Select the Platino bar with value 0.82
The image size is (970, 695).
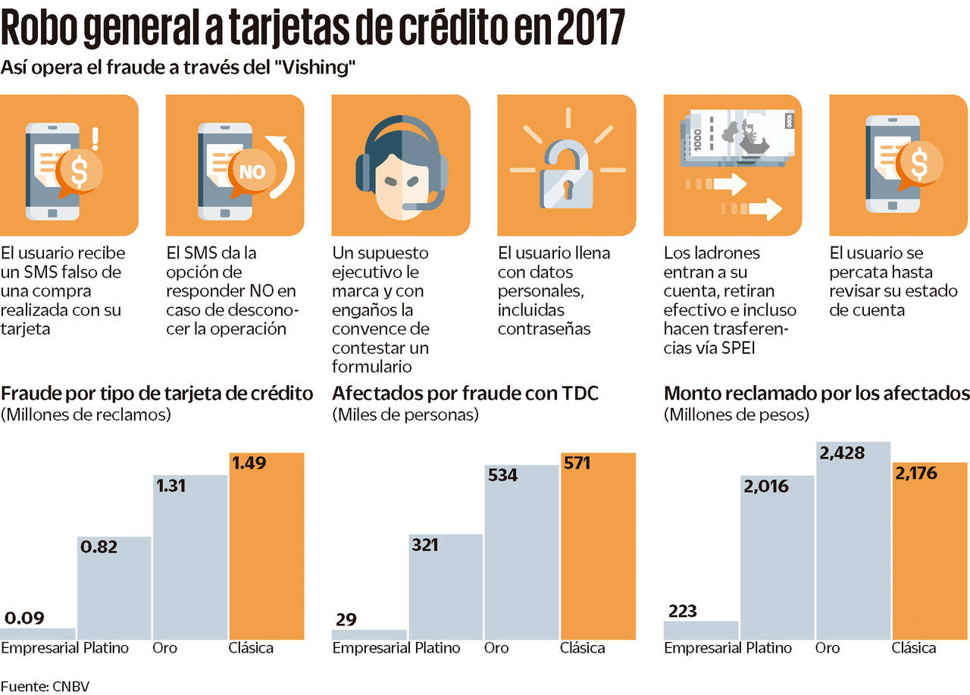[114, 587]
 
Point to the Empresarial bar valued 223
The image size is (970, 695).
[701, 630]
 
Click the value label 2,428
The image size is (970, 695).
[841, 452]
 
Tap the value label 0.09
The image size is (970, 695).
[24, 618]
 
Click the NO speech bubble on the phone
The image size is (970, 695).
[252, 171]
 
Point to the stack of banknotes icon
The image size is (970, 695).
[732, 139]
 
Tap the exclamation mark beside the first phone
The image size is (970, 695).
[95, 138]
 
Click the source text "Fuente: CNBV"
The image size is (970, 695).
[50, 686]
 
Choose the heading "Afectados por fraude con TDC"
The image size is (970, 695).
[465, 393]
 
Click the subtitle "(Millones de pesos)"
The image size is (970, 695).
[736, 415]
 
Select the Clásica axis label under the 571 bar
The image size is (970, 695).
[582, 648]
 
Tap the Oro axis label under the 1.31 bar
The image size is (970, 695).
[165, 648]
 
